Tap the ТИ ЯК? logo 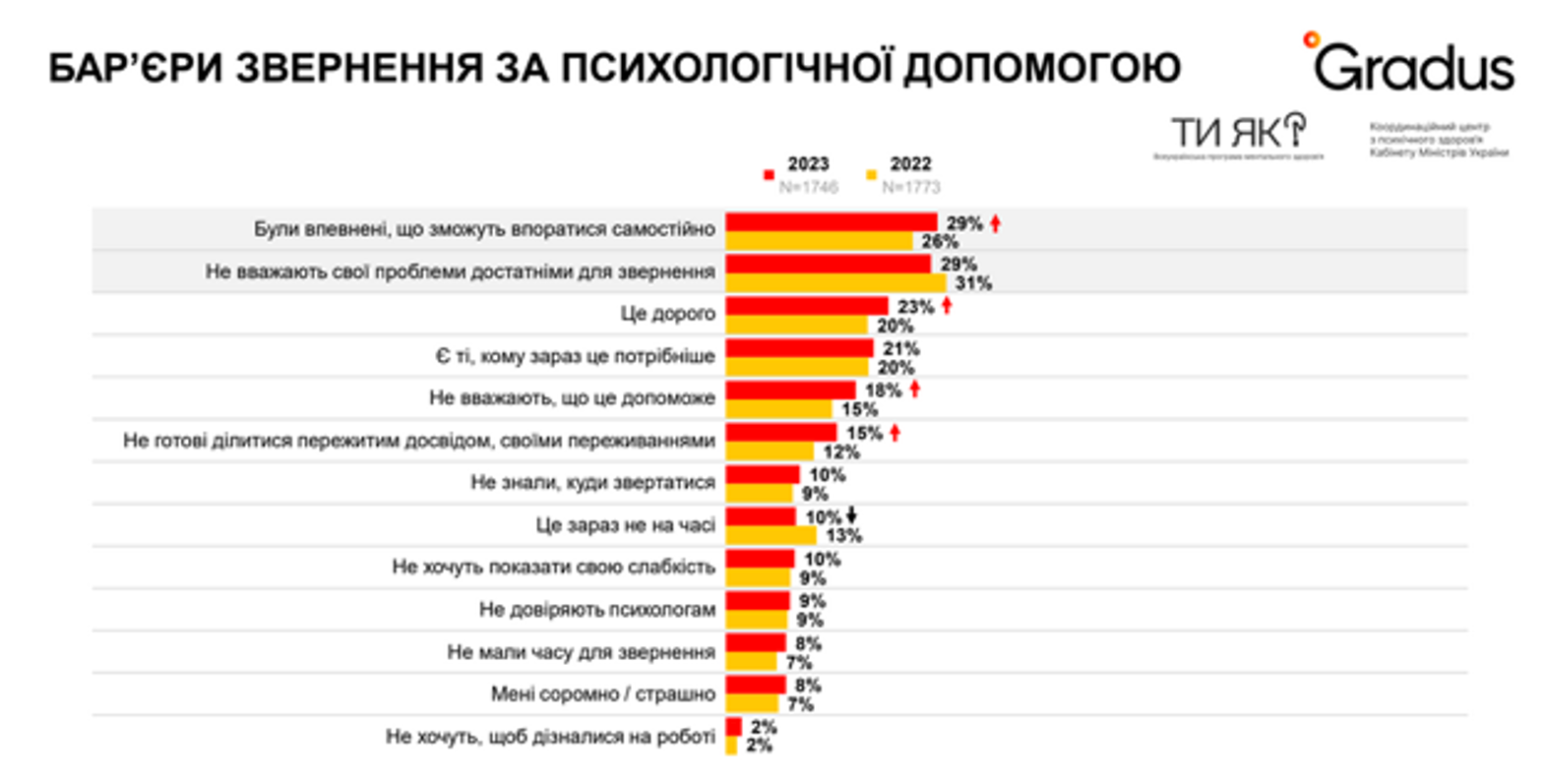point(1237,132)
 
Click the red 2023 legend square point(769,175)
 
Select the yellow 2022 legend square point(871,175)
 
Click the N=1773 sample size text point(910,187)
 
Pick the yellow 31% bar point(835,283)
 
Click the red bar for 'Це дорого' point(806,307)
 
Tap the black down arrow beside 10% point(852,515)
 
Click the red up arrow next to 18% point(914,390)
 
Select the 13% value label point(843,535)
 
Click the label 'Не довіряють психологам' point(596,610)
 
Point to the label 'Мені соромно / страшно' point(602,694)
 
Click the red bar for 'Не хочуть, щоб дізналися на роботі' point(733,727)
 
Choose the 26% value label point(939,241)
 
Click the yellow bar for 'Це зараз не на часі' point(771,535)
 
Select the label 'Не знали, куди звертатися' point(592,483)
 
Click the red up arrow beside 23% point(947,306)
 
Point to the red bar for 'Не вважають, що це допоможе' point(790,391)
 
